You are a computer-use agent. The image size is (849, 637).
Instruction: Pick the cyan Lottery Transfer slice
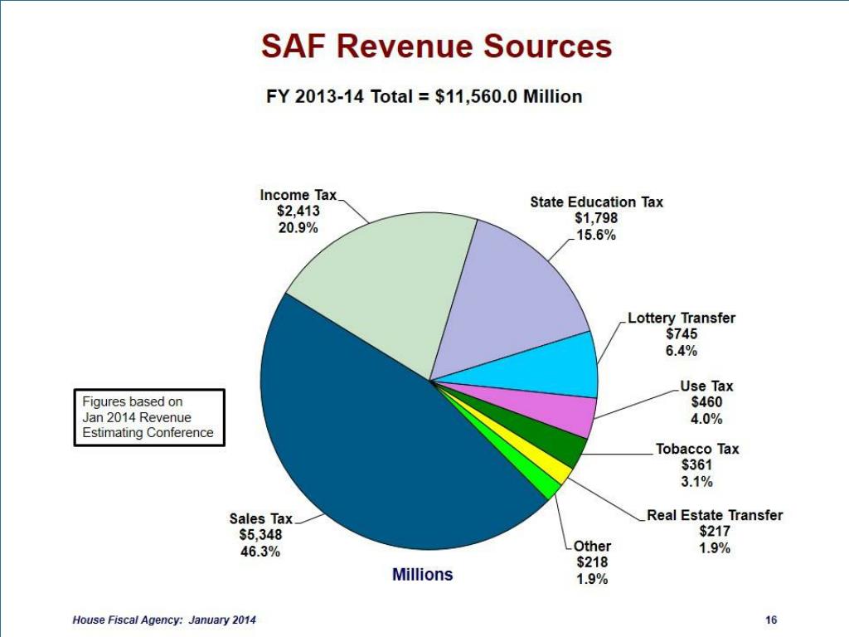click(555, 365)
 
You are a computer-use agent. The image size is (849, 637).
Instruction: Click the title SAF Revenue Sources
click(437, 46)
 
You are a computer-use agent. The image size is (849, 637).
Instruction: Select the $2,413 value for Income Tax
click(298, 211)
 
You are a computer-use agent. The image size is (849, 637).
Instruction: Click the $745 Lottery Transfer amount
click(682, 334)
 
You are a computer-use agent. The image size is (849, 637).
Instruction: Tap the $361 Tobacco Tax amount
click(696, 465)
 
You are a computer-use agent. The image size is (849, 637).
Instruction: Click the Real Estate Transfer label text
click(715, 515)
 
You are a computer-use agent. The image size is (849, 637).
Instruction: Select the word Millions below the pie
click(423, 574)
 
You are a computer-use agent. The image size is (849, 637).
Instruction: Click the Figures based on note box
click(149, 417)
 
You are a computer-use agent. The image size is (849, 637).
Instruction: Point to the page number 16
click(771, 620)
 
